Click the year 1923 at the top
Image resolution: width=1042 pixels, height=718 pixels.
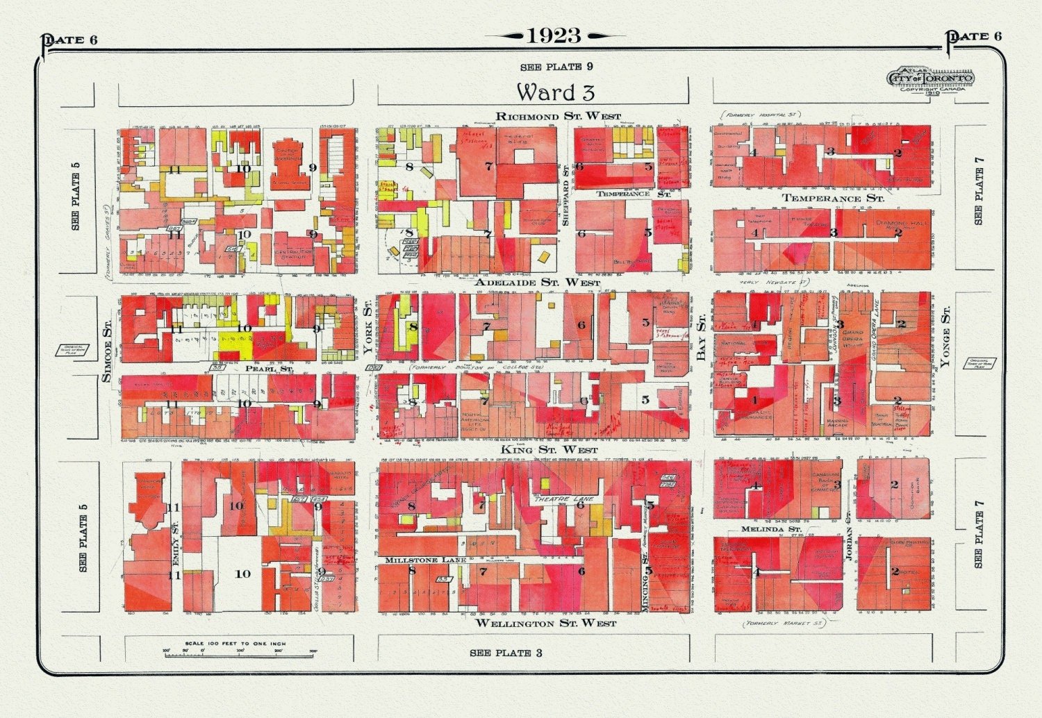pos(554,35)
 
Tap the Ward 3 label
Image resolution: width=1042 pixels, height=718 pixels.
pos(555,92)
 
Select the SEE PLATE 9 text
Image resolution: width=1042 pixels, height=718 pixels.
pos(556,67)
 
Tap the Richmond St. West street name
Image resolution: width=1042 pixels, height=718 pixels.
pos(559,116)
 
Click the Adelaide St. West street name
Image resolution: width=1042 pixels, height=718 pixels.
pos(537,283)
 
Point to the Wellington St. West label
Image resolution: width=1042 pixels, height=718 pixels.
pos(545,624)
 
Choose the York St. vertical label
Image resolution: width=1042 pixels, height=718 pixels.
pos(368,327)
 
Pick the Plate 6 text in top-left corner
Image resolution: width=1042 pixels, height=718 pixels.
pos(72,39)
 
